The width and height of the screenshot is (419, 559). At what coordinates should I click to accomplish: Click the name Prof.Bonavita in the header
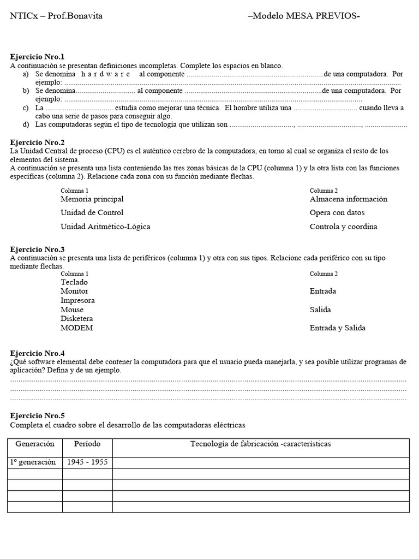pos(75,16)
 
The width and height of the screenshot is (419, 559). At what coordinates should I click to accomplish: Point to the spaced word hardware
pos(105,74)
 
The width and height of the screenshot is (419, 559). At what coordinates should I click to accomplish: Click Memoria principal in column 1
pos(92,199)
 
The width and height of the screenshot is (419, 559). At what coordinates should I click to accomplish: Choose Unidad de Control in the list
pos(92,213)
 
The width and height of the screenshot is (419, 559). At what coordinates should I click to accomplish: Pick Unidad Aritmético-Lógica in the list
pos(105,227)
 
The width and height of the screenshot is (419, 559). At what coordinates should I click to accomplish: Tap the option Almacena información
pos(348,199)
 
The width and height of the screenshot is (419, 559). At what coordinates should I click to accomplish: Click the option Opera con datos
pos(337,213)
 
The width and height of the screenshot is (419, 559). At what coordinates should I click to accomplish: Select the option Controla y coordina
pos(343,227)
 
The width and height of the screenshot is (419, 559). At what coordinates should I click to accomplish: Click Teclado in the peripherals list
pos(74,282)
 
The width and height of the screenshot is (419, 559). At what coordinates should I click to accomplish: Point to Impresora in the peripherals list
pos(77,301)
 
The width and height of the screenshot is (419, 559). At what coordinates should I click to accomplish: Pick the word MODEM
pos(76,328)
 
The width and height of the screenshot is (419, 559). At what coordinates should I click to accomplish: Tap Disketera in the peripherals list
pos(76,319)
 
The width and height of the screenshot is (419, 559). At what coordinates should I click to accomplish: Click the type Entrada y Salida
pos(337,328)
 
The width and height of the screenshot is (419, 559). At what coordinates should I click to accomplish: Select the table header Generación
pos(35,444)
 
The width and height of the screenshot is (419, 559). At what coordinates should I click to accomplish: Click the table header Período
pos(87,444)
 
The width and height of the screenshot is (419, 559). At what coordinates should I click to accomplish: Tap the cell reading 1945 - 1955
pos(87,462)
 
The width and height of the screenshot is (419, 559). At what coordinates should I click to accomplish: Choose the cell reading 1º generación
pos(33,462)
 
